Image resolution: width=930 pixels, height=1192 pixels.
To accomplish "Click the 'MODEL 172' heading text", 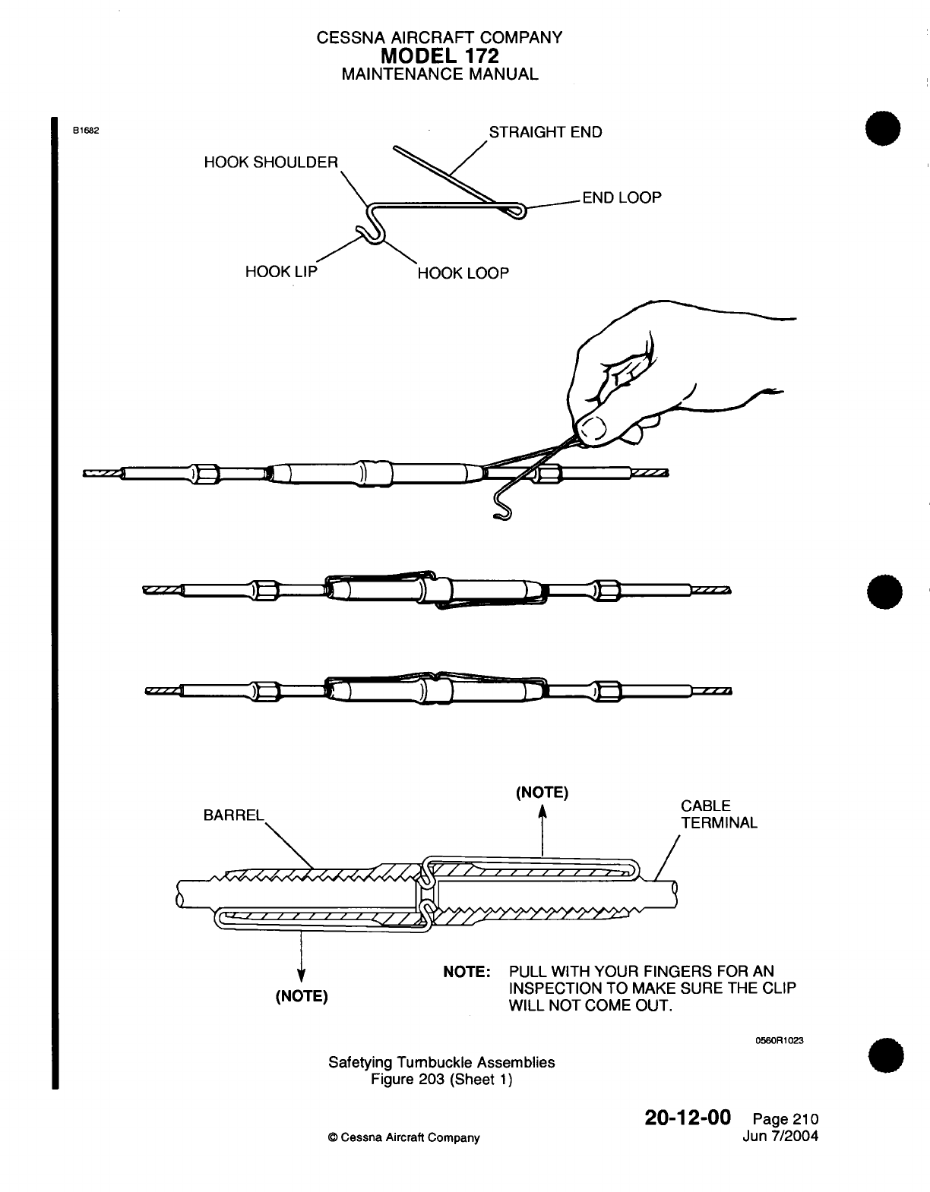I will [440, 55].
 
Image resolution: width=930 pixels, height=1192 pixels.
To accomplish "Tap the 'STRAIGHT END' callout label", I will [545, 132].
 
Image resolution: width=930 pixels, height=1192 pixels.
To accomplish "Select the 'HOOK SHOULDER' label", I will [270, 162].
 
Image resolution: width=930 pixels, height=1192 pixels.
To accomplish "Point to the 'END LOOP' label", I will [622, 197].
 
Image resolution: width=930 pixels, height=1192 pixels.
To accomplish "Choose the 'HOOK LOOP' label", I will [463, 273].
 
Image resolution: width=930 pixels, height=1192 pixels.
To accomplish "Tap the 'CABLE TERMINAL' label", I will [719, 814].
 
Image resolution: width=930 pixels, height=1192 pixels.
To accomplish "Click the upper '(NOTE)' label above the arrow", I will [542, 793].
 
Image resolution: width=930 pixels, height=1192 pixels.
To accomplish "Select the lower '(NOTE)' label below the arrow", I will [301, 995].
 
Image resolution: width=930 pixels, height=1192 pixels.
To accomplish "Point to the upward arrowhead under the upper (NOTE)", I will [542, 812].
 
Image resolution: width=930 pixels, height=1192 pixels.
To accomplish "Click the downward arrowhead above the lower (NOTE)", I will [301, 976].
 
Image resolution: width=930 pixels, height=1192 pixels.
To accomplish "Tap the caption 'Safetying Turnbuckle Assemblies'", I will [441, 1062].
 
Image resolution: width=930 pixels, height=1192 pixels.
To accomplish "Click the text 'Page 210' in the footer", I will [785, 1119].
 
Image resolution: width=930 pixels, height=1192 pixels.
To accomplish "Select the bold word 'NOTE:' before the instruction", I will [467, 972].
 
